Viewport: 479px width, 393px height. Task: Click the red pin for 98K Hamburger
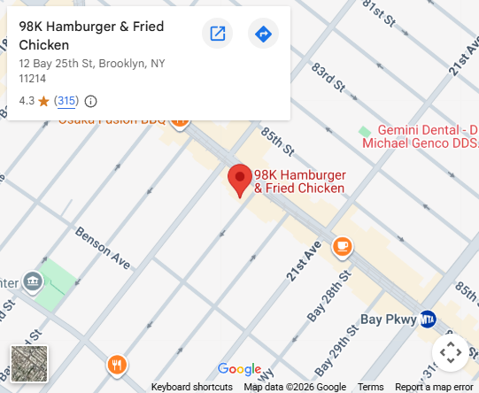click(x=240, y=179)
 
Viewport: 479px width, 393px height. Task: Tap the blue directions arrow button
click(x=263, y=35)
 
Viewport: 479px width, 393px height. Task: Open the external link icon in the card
click(x=217, y=35)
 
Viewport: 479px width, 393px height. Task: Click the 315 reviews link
click(x=66, y=101)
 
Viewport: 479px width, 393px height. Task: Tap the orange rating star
click(x=43, y=101)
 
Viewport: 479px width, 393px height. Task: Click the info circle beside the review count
click(x=90, y=101)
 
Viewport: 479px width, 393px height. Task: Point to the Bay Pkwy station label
click(x=388, y=319)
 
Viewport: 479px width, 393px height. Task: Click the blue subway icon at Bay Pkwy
click(x=428, y=319)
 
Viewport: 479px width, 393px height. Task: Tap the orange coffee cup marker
click(x=342, y=247)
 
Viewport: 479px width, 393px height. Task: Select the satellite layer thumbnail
click(x=29, y=363)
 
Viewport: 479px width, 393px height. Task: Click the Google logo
click(x=239, y=369)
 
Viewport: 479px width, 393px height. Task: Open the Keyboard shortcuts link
click(x=192, y=387)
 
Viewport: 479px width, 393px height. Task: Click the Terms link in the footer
click(x=370, y=387)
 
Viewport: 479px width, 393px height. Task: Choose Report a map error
click(x=434, y=387)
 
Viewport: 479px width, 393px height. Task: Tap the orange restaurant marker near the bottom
click(x=117, y=365)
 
